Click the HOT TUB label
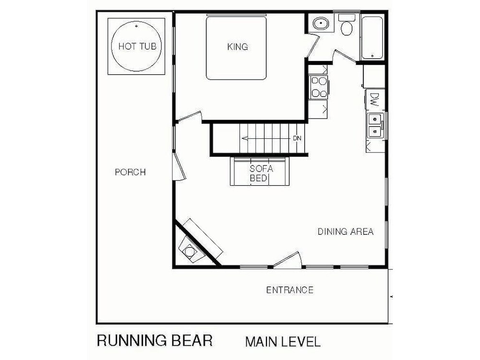(x=137, y=46)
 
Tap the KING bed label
(x=238, y=47)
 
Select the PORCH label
(x=131, y=172)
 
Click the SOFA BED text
(x=261, y=173)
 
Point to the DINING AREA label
(x=346, y=231)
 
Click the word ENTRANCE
(x=289, y=290)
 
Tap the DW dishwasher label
(x=374, y=99)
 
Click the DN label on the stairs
(x=297, y=138)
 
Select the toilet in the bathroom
(x=347, y=24)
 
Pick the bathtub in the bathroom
(x=372, y=37)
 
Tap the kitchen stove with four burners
(x=318, y=87)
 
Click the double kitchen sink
(x=375, y=125)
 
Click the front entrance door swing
(x=287, y=260)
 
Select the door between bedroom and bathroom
(x=313, y=46)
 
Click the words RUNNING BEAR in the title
(x=155, y=340)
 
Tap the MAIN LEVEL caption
(x=283, y=342)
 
